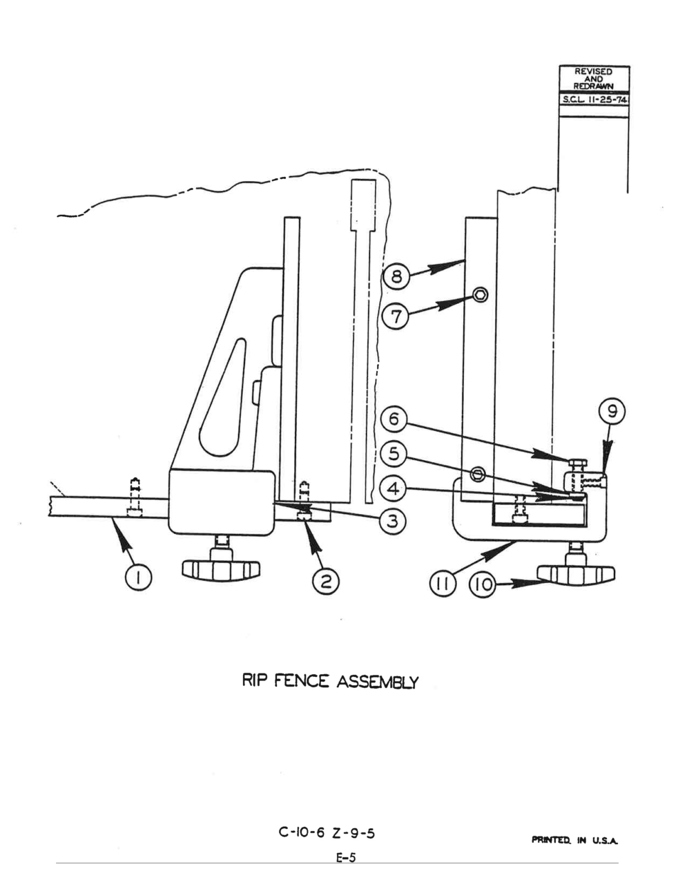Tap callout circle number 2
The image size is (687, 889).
click(x=325, y=582)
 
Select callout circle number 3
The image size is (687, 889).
click(x=393, y=522)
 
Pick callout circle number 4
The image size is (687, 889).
click(x=394, y=488)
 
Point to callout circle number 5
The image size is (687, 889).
click(x=394, y=454)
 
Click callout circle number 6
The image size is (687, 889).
click(x=394, y=419)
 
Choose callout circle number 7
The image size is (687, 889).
click(x=396, y=316)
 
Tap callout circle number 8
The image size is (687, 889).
click(x=396, y=276)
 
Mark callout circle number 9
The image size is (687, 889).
click(x=611, y=412)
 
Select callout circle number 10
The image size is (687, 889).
click(x=483, y=584)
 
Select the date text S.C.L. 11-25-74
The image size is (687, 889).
click(x=594, y=100)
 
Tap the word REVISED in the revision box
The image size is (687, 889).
click(x=593, y=72)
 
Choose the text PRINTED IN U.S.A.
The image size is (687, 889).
click(x=574, y=841)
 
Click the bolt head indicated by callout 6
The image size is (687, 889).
click(x=577, y=463)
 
